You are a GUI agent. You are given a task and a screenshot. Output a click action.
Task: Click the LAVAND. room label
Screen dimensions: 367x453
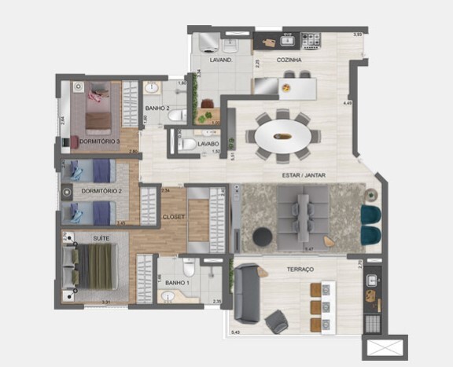click(219, 60)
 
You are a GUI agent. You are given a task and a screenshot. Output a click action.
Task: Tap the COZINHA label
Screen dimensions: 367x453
click(290, 60)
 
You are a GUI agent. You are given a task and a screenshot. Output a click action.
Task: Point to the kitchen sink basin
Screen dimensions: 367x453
click(288, 39)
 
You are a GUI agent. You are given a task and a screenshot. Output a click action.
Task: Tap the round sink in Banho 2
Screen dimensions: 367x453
click(153, 87)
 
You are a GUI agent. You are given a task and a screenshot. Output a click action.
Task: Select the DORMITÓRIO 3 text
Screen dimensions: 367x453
click(99, 141)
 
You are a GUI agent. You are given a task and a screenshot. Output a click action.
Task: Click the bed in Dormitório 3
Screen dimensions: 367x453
click(98, 106)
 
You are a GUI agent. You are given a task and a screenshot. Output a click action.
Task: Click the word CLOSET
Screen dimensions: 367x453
click(174, 215)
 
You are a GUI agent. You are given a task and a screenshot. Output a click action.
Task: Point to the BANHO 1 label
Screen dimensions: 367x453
click(178, 282)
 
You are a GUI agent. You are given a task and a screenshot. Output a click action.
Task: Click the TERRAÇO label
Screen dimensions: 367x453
click(300, 270)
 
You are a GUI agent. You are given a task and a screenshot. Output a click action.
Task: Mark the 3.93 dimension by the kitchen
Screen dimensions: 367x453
click(358, 34)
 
